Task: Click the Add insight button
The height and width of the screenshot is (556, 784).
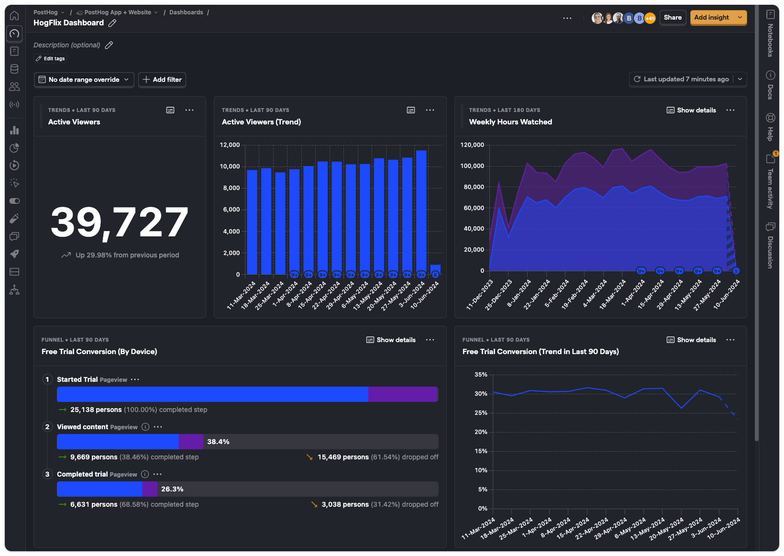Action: coord(711,18)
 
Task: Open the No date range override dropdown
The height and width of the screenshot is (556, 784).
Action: coord(84,79)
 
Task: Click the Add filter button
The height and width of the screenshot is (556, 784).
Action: coord(162,79)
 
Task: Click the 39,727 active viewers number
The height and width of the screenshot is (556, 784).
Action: coord(120,222)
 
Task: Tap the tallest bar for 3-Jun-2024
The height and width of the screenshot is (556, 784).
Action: coord(421,211)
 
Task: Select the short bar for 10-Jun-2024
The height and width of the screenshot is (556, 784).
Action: coord(435,268)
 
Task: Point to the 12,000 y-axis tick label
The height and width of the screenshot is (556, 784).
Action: coord(230,145)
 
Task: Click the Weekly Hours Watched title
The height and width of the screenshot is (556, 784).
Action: coord(510,122)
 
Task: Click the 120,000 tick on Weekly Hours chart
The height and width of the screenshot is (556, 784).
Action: coord(472,145)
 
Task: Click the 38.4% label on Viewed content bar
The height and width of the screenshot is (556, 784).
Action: coord(218,442)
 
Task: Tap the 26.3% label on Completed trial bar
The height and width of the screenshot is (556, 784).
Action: coord(172,489)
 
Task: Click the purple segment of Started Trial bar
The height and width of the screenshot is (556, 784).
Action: coord(403,394)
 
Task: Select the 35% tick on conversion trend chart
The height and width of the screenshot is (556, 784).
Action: coord(481,375)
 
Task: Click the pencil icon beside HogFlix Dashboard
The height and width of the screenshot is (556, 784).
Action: coord(112,23)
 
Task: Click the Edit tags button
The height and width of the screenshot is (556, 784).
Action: coord(50,58)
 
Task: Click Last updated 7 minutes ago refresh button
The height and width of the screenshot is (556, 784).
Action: coord(682,79)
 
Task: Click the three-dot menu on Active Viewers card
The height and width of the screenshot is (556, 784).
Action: coord(189,110)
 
